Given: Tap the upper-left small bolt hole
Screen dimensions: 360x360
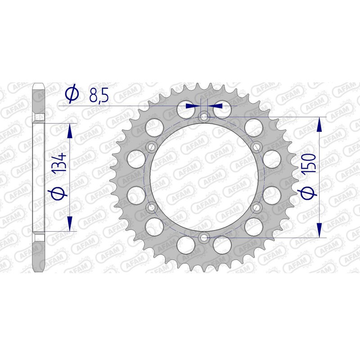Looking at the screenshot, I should (x=152, y=147).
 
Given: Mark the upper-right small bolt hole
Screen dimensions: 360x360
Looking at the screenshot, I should (x=257, y=147).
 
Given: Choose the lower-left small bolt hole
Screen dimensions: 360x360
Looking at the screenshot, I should (x=152, y=207).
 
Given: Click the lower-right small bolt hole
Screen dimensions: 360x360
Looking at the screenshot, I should (x=257, y=207).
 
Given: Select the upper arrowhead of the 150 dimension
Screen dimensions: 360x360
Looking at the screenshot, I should (x=319, y=124).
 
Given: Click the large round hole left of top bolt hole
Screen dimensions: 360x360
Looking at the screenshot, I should (x=185, y=108).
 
